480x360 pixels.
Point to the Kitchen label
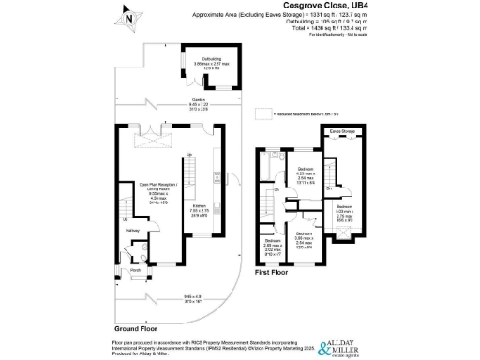[200, 209]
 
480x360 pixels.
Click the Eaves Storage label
[342, 132]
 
